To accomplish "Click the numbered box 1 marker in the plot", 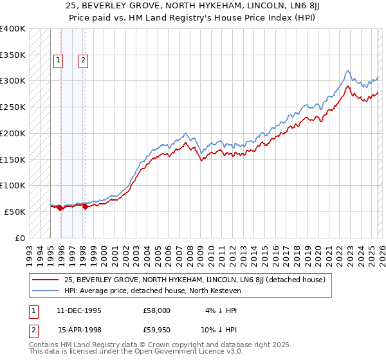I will click(x=59, y=61).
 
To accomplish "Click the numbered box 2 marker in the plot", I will click(x=84, y=61).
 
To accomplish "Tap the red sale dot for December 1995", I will click(x=60, y=208).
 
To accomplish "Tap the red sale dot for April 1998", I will click(x=85, y=206).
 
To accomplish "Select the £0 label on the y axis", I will click(x=19, y=238).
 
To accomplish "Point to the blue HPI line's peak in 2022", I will click(x=347, y=70).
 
